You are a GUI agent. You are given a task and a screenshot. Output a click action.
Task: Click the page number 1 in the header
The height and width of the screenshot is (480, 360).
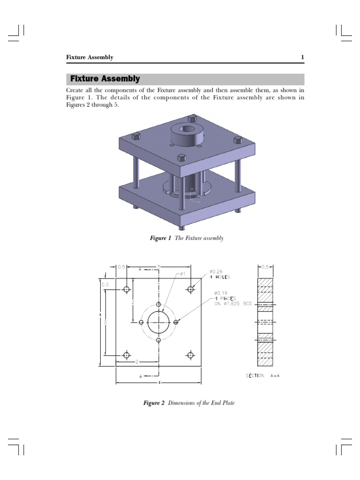tap(302, 57)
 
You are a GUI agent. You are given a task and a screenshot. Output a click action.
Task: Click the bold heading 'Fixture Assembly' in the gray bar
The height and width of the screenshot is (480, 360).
tap(105, 79)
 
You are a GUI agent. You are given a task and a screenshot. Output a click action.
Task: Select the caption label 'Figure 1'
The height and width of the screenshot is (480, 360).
tap(160, 239)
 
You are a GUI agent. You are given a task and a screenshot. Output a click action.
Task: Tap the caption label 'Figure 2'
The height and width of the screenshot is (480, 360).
tap(154, 403)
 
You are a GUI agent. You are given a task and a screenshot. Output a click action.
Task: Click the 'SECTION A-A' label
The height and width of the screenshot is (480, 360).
tap(263, 375)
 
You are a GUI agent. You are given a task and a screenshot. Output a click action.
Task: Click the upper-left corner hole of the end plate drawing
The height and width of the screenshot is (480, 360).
tap(127, 289)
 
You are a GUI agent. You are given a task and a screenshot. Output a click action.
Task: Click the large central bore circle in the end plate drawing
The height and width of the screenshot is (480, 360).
tap(158, 322)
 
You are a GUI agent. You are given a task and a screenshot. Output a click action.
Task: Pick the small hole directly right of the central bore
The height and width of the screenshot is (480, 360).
tap(176, 322)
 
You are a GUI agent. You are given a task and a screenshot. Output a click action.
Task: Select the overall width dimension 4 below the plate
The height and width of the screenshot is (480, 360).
tap(159, 383)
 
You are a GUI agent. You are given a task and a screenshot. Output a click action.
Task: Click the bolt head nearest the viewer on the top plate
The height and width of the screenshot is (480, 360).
tap(181, 158)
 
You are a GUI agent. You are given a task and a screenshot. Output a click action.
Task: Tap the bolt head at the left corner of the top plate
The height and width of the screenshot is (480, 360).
tap(136, 136)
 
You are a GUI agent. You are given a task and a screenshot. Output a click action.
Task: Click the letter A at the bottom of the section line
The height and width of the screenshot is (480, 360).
tap(141, 376)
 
